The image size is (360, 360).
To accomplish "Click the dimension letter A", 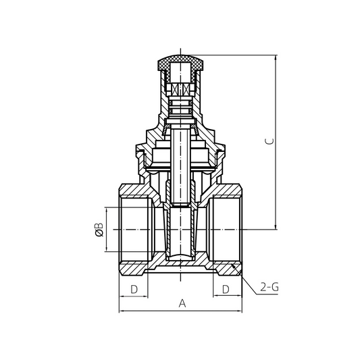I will tap(181, 303).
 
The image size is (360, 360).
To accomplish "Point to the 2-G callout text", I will tap(269, 288).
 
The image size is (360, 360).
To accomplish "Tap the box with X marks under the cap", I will tap(180, 89).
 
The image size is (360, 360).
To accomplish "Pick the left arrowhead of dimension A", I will tap(121, 311).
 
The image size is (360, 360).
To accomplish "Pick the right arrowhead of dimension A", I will tap(240, 311).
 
